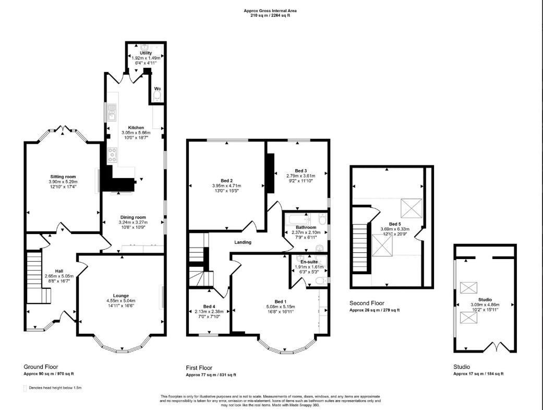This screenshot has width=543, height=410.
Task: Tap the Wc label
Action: point(157,88)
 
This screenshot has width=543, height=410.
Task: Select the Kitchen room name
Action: point(136,127)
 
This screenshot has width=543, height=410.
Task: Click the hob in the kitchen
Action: point(112,154)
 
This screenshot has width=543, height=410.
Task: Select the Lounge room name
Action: point(121,296)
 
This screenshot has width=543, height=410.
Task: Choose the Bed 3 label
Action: point(301,171)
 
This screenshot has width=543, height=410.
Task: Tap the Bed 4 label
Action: point(209,306)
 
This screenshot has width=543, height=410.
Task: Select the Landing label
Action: point(243,242)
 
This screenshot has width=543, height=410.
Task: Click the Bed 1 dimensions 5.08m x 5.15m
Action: point(281,307)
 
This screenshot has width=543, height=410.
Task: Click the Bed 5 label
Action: point(395,224)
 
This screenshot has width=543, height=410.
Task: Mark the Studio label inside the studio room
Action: point(486,300)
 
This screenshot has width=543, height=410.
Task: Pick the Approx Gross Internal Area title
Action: point(271,10)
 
